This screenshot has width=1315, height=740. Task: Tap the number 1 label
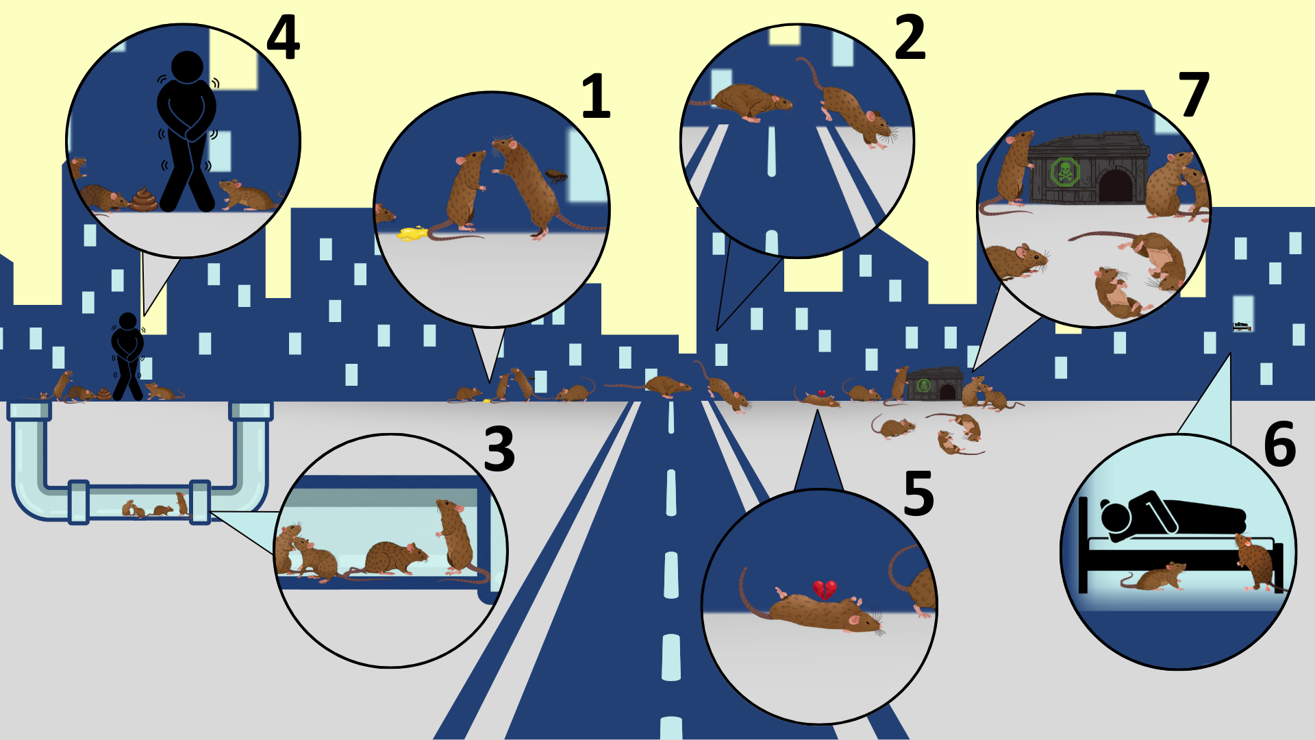pyautogui.click(x=595, y=97)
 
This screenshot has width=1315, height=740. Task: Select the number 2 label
pyautogui.click(x=910, y=38)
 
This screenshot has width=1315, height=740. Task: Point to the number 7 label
pyautogui.click(x=1193, y=95)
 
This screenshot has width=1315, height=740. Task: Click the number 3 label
pyautogui.click(x=499, y=449)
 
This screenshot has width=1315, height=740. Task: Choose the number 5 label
pyautogui.click(x=918, y=493)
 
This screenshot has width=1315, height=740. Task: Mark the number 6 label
pyautogui.click(x=1279, y=444)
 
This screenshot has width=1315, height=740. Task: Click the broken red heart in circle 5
pyautogui.click(x=825, y=589)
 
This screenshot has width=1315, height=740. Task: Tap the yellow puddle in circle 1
pyautogui.click(x=412, y=234)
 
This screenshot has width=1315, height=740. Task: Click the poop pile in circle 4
pyautogui.click(x=144, y=199)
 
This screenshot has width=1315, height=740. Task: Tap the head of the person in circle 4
pyautogui.click(x=187, y=67)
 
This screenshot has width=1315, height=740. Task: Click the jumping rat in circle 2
pyautogui.click(x=853, y=110)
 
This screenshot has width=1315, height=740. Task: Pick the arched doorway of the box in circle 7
pyautogui.click(x=1115, y=186)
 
